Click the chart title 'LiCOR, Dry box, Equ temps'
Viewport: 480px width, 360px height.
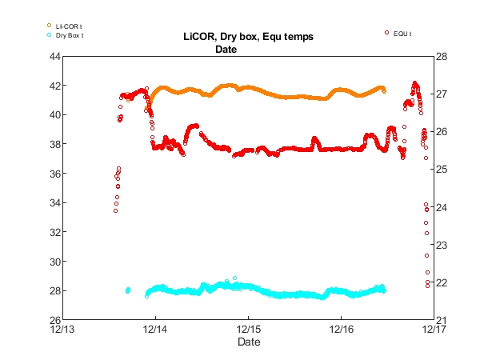click(248, 37)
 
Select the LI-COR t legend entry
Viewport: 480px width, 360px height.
click(69, 27)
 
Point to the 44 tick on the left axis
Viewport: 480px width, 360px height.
click(55, 56)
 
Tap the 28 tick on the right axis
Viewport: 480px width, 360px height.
click(441, 56)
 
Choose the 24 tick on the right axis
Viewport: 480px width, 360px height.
click(441, 207)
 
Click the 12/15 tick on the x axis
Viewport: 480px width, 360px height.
click(248, 329)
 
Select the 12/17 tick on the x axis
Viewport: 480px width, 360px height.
click(434, 329)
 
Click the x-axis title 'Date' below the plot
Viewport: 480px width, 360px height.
click(248, 342)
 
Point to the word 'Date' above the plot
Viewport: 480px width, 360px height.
click(226, 49)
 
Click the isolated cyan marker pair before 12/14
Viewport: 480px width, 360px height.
click(128, 290)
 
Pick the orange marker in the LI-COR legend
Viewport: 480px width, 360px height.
click(50, 26)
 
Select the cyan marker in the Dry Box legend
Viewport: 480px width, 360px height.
click(50, 35)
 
